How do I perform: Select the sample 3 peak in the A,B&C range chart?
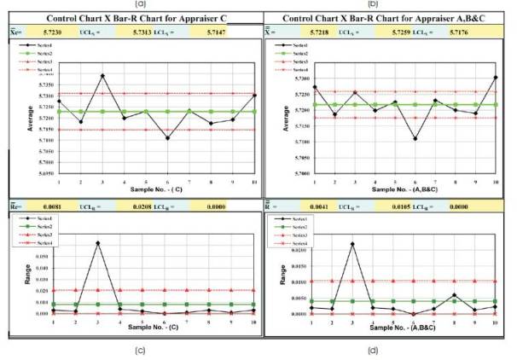[x=352, y=244]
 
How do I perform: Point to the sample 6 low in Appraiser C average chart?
[x=167, y=138]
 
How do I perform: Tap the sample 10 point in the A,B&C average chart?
[x=497, y=78]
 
